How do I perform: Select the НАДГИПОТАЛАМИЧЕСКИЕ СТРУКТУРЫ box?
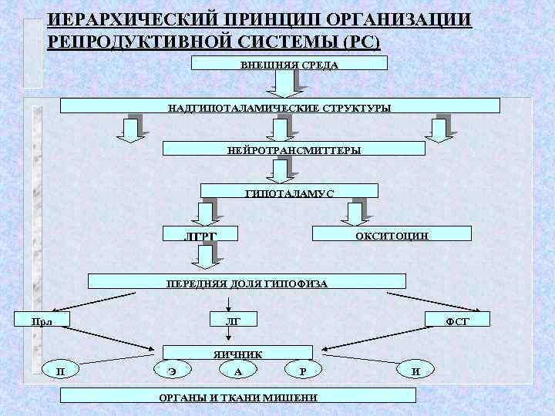click(279, 106)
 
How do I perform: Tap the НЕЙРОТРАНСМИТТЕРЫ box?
click(294, 149)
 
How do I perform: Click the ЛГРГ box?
click(201, 233)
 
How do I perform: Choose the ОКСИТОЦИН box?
click(391, 233)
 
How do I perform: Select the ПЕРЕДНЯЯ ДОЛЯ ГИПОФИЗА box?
click(247, 282)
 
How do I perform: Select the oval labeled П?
click(61, 371)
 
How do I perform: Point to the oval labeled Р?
click(303, 371)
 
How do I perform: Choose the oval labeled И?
click(415, 371)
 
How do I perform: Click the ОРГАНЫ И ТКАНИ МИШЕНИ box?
click(237, 396)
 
